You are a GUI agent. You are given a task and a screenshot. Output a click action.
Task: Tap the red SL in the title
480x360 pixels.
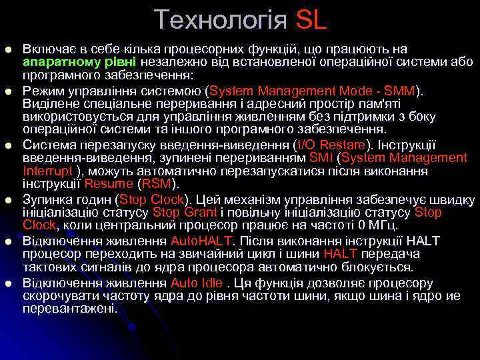[x=310, y=20]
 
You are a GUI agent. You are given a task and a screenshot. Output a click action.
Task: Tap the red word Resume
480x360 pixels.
[x=109, y=184]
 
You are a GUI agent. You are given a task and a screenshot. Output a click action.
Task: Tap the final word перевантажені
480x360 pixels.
[x=69, y=309]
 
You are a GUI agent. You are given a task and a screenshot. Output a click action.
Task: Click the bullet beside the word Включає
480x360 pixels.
[x=7, y=50]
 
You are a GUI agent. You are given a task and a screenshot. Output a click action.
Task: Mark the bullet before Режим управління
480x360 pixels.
[x=7, y=91]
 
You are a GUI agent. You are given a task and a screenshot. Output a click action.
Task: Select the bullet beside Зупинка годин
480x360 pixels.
[x=7, y=199]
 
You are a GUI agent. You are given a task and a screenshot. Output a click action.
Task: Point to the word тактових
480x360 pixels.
[x=50, y=267]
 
